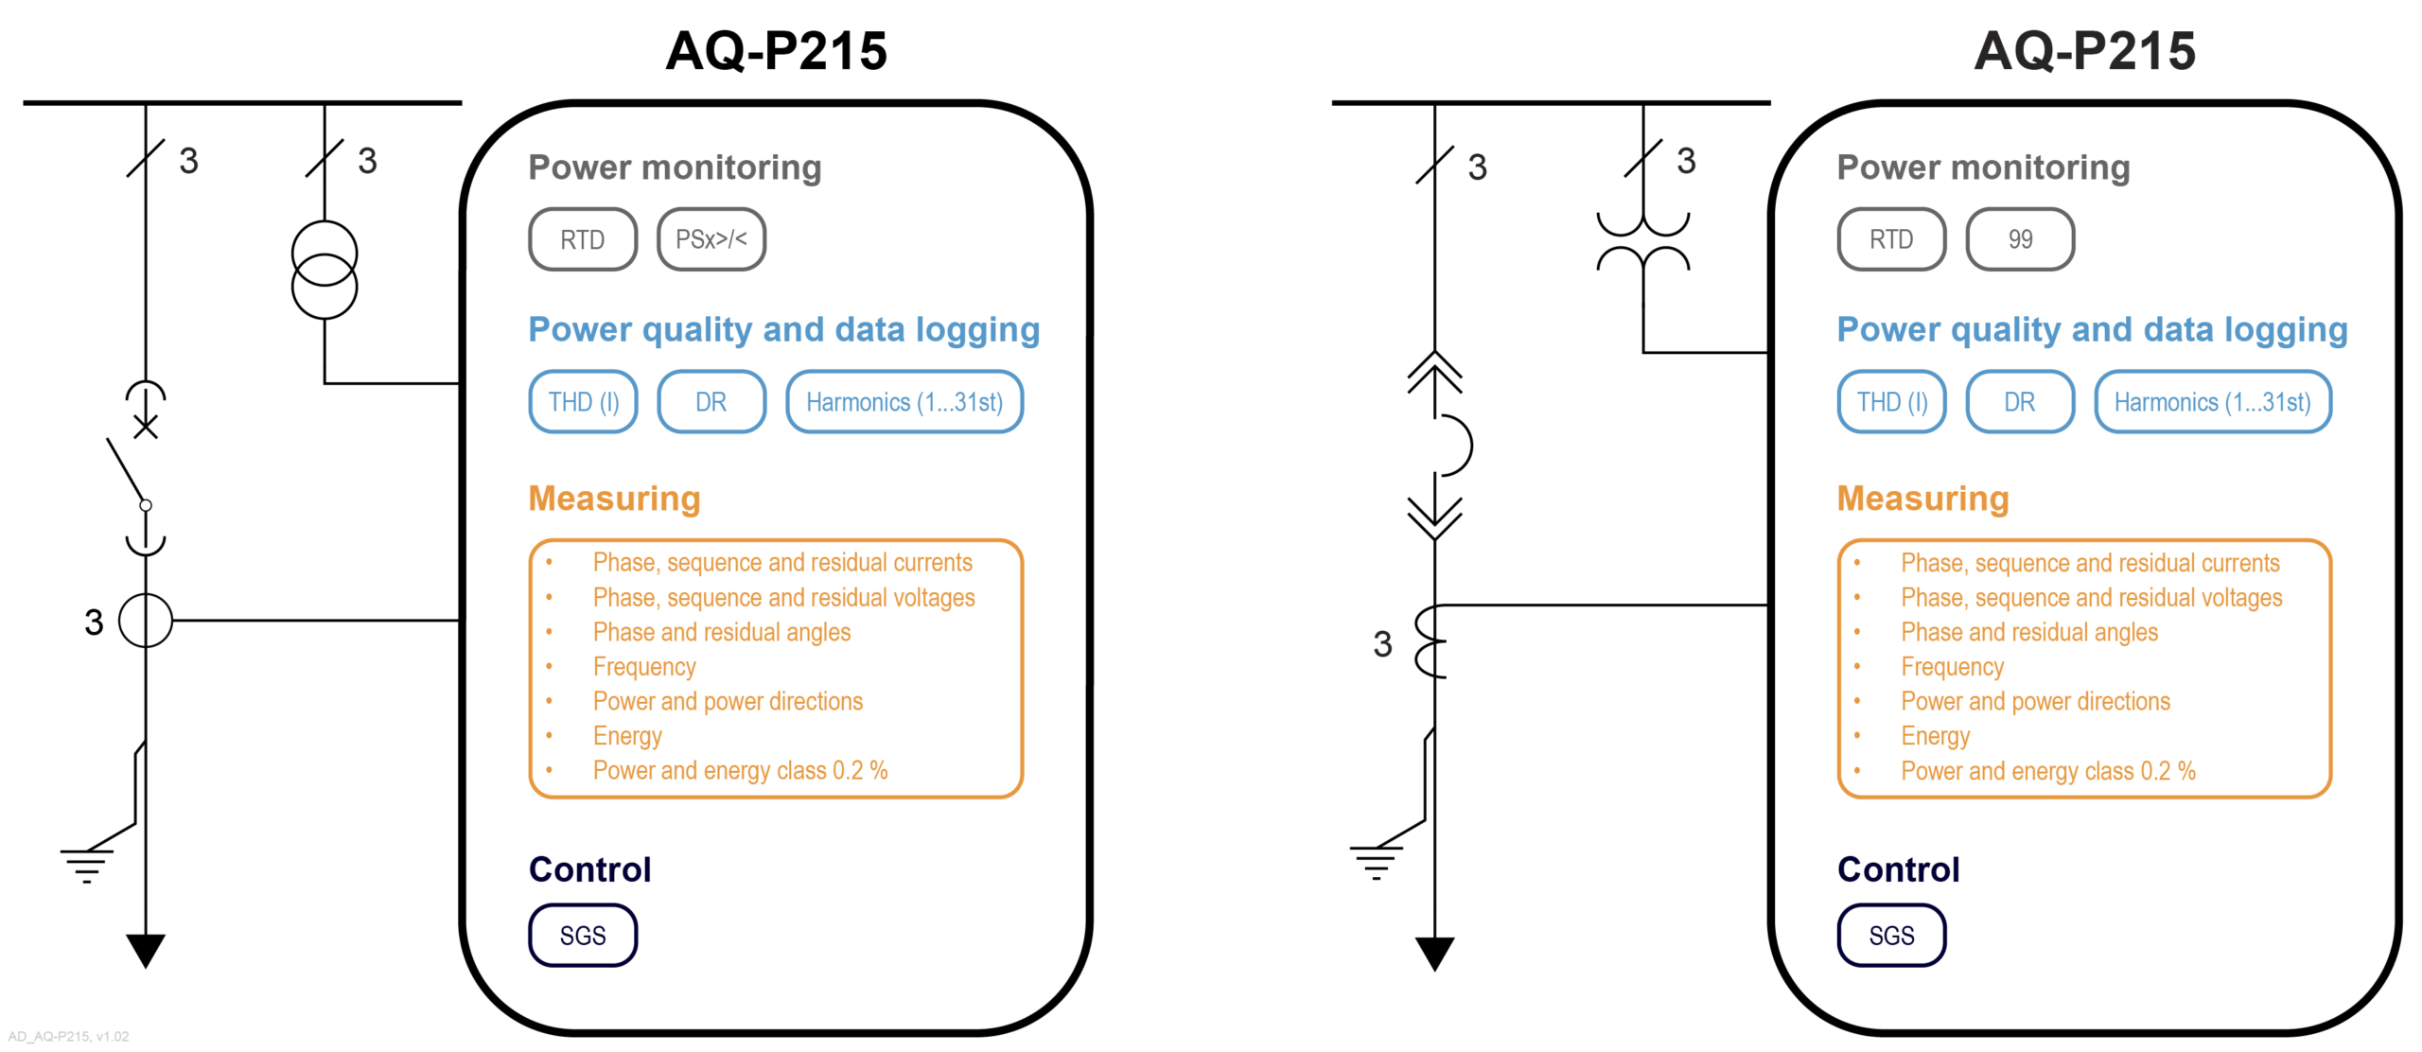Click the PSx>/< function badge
coord(711,239)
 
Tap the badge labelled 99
coord(2019,239)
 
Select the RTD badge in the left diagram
coord(582,239)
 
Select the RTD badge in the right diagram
coord(1890,239)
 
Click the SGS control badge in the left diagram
coord(582,935)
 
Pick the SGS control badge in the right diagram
coord(1890,935)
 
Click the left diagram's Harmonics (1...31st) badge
coord(904,402)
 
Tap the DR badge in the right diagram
coord(2019,402)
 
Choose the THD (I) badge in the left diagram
coord(583,402)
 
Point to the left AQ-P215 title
coord(776,51)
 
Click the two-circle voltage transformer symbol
coord(325,270)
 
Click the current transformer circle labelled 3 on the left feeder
coord(146,621)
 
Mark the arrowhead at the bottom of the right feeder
coord(1434,952)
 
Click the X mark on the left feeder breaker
coord(146,428)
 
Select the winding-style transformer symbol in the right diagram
coord(1642,242)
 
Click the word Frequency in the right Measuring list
coord(1952,667)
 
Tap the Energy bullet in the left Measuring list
coord(627,736)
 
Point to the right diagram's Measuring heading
coord(1922,499)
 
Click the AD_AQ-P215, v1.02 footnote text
coord(68,1036)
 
